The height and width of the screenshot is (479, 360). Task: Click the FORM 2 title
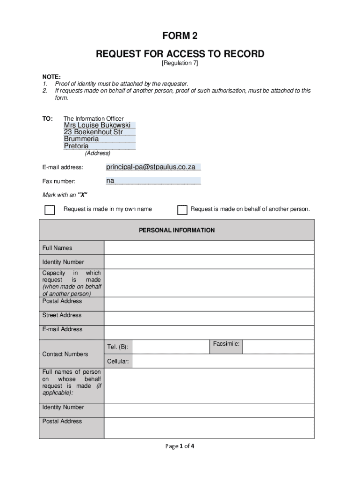[180, 36]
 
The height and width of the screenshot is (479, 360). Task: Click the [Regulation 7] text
[180, 63]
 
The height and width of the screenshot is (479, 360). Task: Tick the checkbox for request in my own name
[50, 210]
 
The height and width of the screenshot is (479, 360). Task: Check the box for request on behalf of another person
[182, 210]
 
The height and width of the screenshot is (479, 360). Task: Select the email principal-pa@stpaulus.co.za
[151, 167]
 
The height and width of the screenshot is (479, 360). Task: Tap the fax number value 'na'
[110, 181]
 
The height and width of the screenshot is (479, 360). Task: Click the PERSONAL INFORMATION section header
[177, 230]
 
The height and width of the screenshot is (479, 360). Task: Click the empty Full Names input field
[209, 248]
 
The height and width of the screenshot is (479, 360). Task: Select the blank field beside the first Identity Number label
[209, 262]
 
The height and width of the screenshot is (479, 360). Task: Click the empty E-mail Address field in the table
[209, 332]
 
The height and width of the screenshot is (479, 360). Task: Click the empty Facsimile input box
[278, 347]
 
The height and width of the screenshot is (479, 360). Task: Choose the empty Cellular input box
[223, 361]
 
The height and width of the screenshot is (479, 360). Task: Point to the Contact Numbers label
[65, 354]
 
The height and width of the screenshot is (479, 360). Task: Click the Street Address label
[62, 315]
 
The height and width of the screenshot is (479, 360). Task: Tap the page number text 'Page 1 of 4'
[180, 446]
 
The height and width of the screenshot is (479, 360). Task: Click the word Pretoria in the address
[76, 146]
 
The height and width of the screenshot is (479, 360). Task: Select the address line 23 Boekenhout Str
[93, 132]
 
